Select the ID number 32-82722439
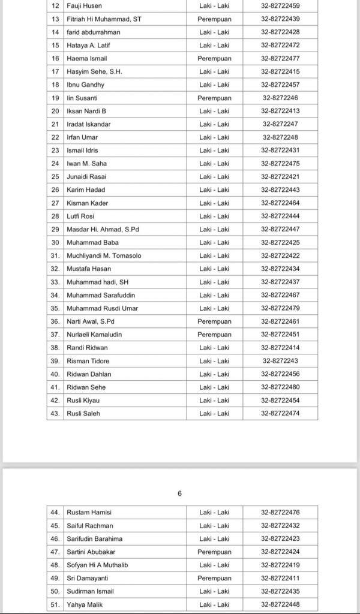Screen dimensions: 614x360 point(280,19)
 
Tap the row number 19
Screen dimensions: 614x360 point(55,98)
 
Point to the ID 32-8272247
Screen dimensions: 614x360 point(280,124)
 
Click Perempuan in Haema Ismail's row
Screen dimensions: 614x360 point(214,58)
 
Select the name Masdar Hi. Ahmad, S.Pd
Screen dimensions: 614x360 point(100,229)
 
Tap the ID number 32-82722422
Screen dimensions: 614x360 point(280,255)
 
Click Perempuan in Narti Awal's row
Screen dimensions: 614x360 point(214,321)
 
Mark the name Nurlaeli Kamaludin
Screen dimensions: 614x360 point(94,335)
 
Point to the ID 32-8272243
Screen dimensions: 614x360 point(280,361)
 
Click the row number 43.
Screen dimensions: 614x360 point(55,413)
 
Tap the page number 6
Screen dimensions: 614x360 point(179,493)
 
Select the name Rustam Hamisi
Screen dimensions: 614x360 point(89,513)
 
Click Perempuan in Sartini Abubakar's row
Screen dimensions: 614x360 point(214,552)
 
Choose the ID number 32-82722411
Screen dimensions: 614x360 point(280,578)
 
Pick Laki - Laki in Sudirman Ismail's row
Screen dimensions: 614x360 point(214,591)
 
